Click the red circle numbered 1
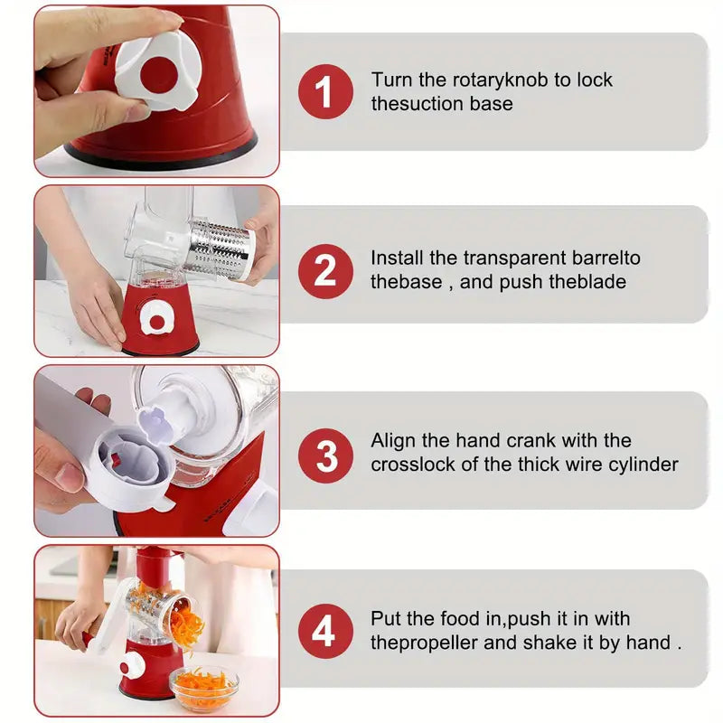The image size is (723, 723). [325, 91]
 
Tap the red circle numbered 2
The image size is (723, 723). [325, 271]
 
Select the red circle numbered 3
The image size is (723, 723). [325, 455]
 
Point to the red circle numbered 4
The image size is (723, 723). [325, 631]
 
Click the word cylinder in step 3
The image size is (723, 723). [643, 465]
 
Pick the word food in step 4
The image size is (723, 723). [461, 618]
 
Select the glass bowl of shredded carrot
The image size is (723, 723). [204, 688]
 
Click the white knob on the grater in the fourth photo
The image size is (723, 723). [131, 667]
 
